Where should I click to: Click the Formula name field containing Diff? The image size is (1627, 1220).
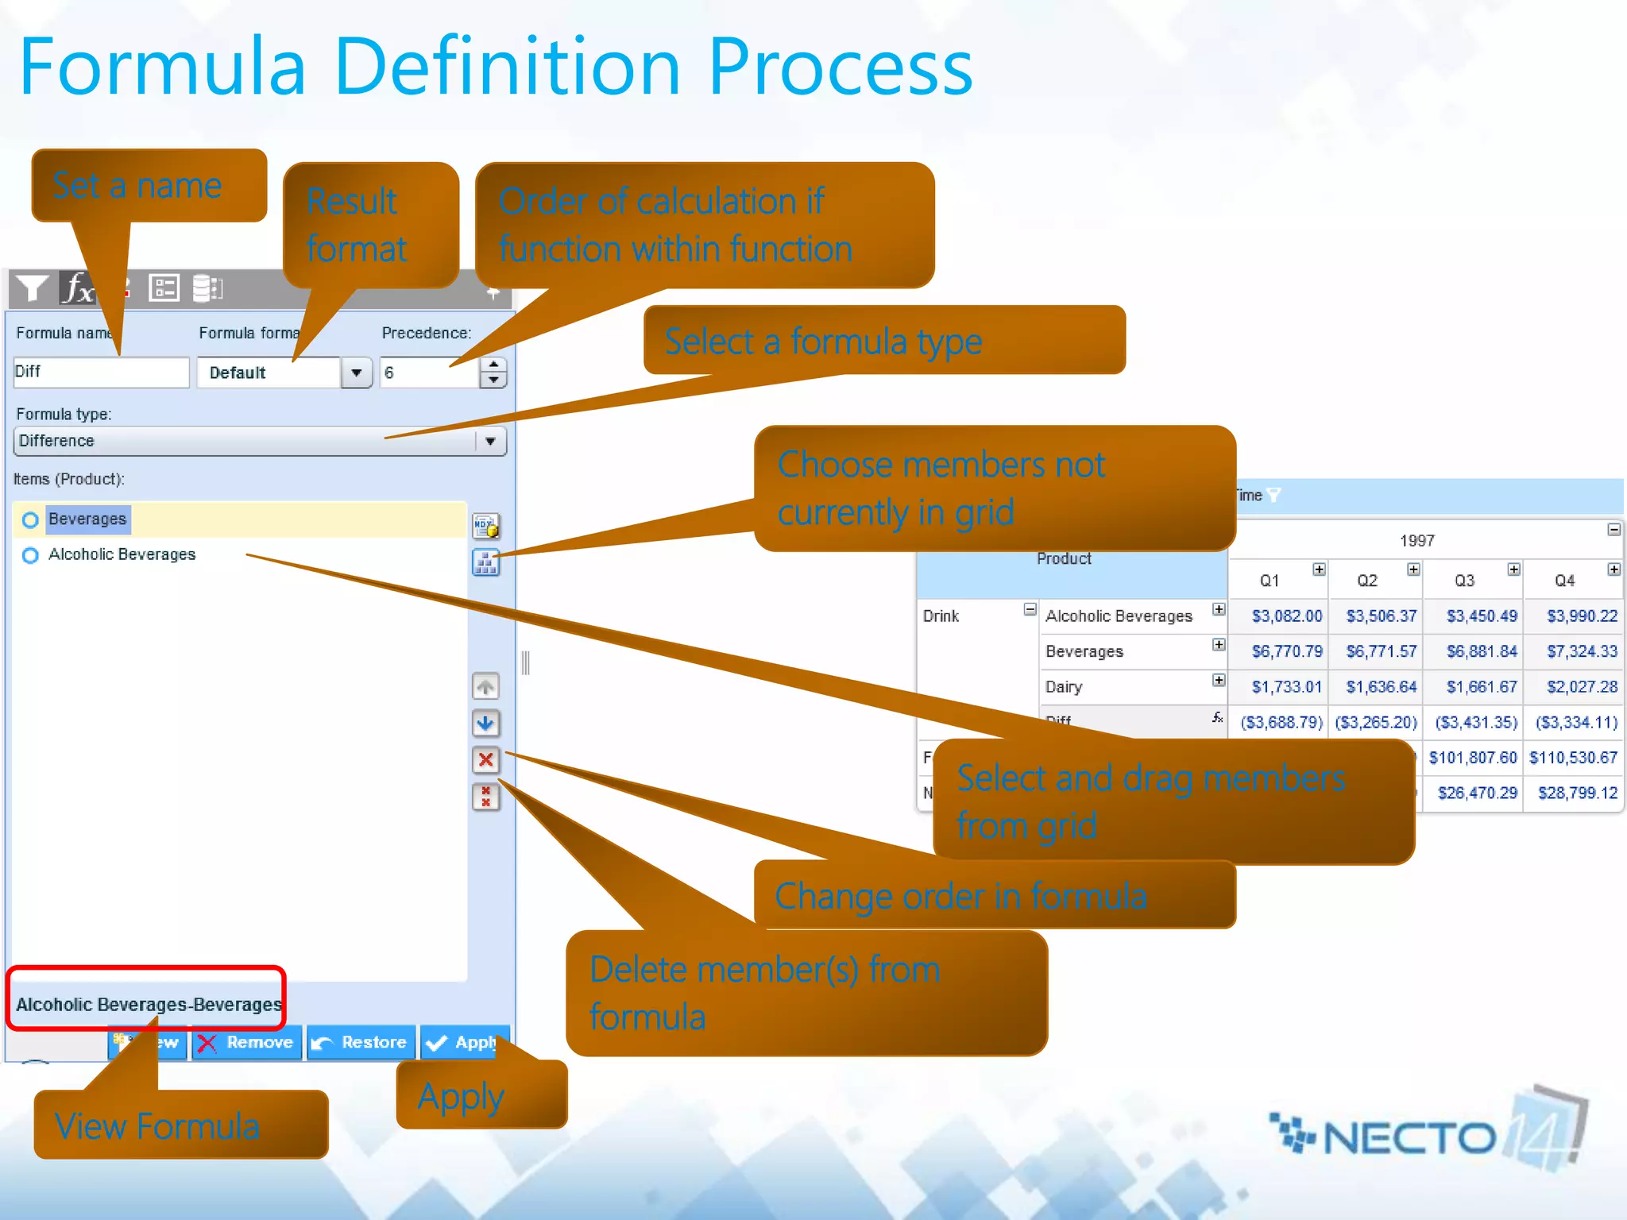click(101, 372)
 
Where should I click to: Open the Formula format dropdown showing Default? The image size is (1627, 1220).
click(357, 373)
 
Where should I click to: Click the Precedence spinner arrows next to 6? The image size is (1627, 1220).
click(493, 372)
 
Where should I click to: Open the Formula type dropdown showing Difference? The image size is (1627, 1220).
click(490, 441)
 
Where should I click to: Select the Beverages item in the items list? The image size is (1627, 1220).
click(87, 519)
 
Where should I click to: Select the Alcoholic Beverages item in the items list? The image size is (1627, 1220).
click(122, 554)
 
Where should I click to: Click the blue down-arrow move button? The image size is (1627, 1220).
click(485, 723)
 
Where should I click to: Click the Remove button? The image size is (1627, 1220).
click(247, 1043)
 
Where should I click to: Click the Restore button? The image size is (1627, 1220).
click(361, 1043)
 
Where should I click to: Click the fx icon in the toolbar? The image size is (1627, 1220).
click(78, 288)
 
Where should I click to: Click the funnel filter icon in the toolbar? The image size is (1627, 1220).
click(32, 288)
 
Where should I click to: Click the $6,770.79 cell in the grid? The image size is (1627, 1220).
click(1286, 651)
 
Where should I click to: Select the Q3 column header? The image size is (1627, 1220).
click(1464, 581)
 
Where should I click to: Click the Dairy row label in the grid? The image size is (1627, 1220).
click(1064, 687)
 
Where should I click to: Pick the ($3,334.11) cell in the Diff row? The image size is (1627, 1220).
click(1575, 722)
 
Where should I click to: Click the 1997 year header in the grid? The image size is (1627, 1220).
click(1416, 541)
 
